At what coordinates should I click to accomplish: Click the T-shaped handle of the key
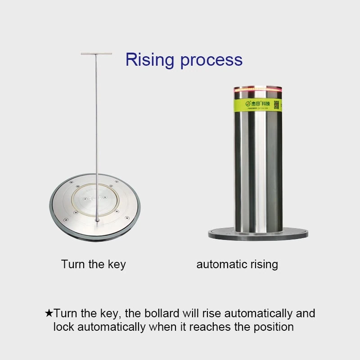coord(96,54)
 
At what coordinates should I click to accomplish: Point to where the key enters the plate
coord(97,220)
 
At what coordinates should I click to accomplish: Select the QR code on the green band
coord(277,104)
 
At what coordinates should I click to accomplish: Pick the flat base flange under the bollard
coord(258,234)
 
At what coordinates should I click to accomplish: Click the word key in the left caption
coord(117,264)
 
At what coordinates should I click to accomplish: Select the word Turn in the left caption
coord(73,264)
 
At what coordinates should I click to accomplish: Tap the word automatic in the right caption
coord(221,264)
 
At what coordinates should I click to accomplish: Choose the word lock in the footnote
coord(63,327)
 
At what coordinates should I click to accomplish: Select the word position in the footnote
coord(274,327)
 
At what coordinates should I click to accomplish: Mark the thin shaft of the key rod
coord(96,135)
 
